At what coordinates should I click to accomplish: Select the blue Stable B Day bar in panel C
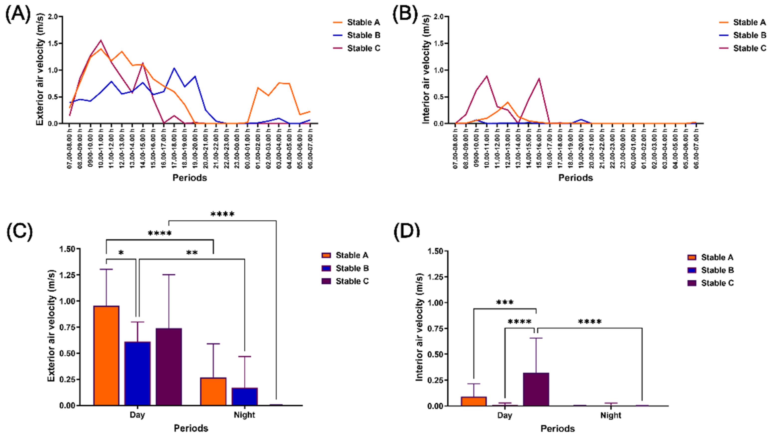click(137, 373)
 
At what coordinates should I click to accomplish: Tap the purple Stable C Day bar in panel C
click(169, 367)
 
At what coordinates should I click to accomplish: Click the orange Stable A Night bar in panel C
click(213, 391)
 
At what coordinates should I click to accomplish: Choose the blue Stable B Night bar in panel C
click(245, 396)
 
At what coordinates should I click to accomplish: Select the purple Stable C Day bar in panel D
click(536, 389)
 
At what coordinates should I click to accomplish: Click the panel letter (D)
click(407, 231)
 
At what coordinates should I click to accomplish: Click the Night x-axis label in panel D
click(611, 415)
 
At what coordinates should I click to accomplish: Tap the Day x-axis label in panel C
click(137, 415)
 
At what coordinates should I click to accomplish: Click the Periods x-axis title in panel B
click(576, 178)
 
